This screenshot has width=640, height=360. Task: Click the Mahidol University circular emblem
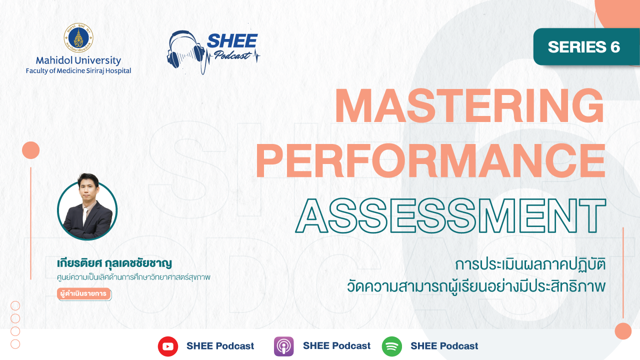tap(78, 38)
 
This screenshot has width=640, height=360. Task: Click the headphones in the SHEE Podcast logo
tap(186, 50)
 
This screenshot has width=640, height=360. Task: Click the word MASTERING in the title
tap(469, 105)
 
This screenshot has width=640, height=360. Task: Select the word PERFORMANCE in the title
tap(430, 161)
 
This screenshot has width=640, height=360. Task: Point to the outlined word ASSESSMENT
tap(450, 215)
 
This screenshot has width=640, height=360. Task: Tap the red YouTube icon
tap(168, 346)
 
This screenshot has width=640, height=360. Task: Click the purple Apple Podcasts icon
tap(283, 346)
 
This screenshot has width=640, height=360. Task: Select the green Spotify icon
tap(391, 346)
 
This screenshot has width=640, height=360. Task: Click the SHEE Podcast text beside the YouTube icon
tap(220, 346)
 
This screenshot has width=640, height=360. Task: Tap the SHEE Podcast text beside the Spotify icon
tap(444, 346)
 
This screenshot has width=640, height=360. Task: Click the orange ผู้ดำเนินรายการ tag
tap(83, 293)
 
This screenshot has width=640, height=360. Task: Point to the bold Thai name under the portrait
tap(114, 263)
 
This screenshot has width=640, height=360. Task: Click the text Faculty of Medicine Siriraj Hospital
tap(78, 70)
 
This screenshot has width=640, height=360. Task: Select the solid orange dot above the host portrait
tap(31, 150)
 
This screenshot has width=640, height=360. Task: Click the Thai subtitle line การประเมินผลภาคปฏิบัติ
tap(530, 264)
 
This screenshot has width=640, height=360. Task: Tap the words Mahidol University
tap(78, 60)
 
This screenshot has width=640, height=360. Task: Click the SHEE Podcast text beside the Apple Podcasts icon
tap(336, 345)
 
